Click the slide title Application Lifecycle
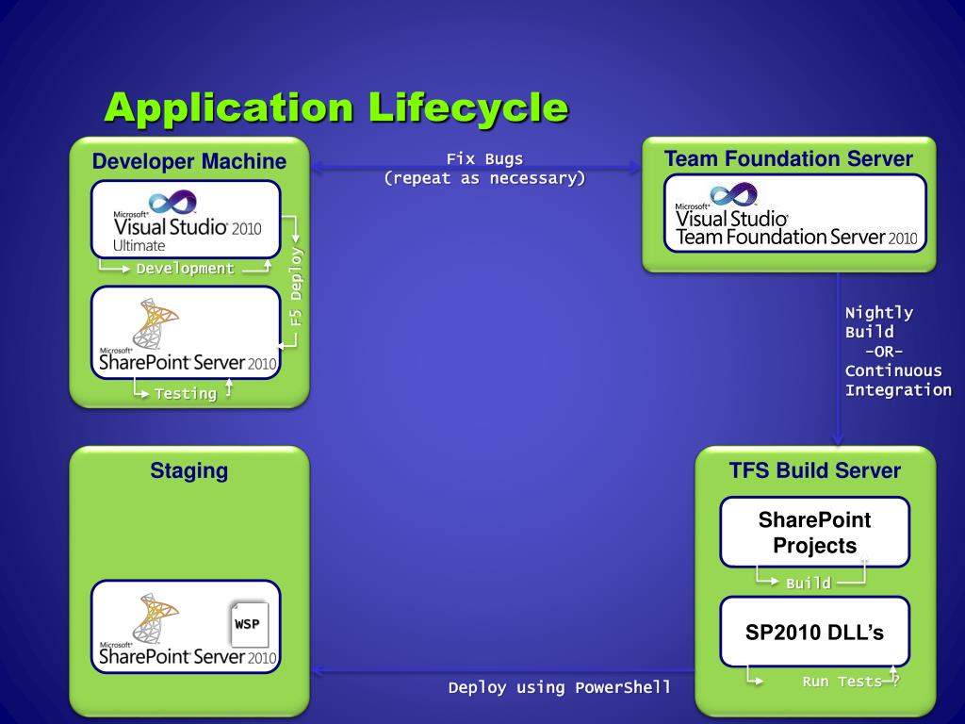tap(335, 107)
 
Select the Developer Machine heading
tap(188, 162)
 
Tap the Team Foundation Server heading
tap(789, 159)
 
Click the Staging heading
tap(188, 470)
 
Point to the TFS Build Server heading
tap(815, 470)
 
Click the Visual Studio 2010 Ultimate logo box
tap(187, 220)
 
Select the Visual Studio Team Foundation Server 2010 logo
tap(795, 214)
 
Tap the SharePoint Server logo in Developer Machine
tap(187, 334)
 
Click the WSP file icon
tap(249, 624)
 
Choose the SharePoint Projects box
tap(815, 532)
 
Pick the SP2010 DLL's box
tap(815, 633)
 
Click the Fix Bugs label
tap(484, 159)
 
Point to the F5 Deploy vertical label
tap(296, 288)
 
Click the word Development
tap(186, 269)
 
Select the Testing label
tap(186, 393)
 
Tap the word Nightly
tap(878, 313)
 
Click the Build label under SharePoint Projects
tap(809, 584)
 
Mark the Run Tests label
tap(842, 682)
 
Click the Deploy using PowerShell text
tap(560, 687)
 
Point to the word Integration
tap(898, 390)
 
